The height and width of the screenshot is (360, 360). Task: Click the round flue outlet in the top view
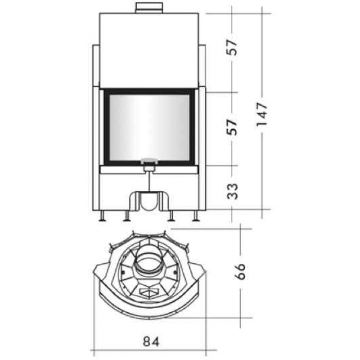coord(148,263)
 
